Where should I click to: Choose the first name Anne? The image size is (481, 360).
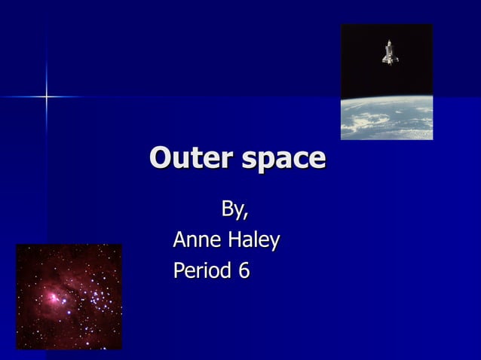pyautogui.click(x=197, y=240)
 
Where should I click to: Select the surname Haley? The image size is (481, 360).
pyautogui.click(x=253, y=241)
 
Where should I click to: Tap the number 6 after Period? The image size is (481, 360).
pyautogui.click(x=243, y=270)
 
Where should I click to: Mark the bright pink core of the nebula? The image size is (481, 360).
pyautogui.click(x=55, y=297)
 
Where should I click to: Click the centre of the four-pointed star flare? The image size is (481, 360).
pyautogui.click(x=47, y=96)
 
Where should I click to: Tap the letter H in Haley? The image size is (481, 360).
pyautogui.click(x=233, y=240)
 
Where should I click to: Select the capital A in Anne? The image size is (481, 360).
pyautogui.click(x=180, y=240)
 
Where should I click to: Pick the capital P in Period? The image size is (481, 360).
pyautogui.click(x=179, y=270)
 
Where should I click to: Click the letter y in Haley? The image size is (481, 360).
pyautogui.click(x=274, y=243)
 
